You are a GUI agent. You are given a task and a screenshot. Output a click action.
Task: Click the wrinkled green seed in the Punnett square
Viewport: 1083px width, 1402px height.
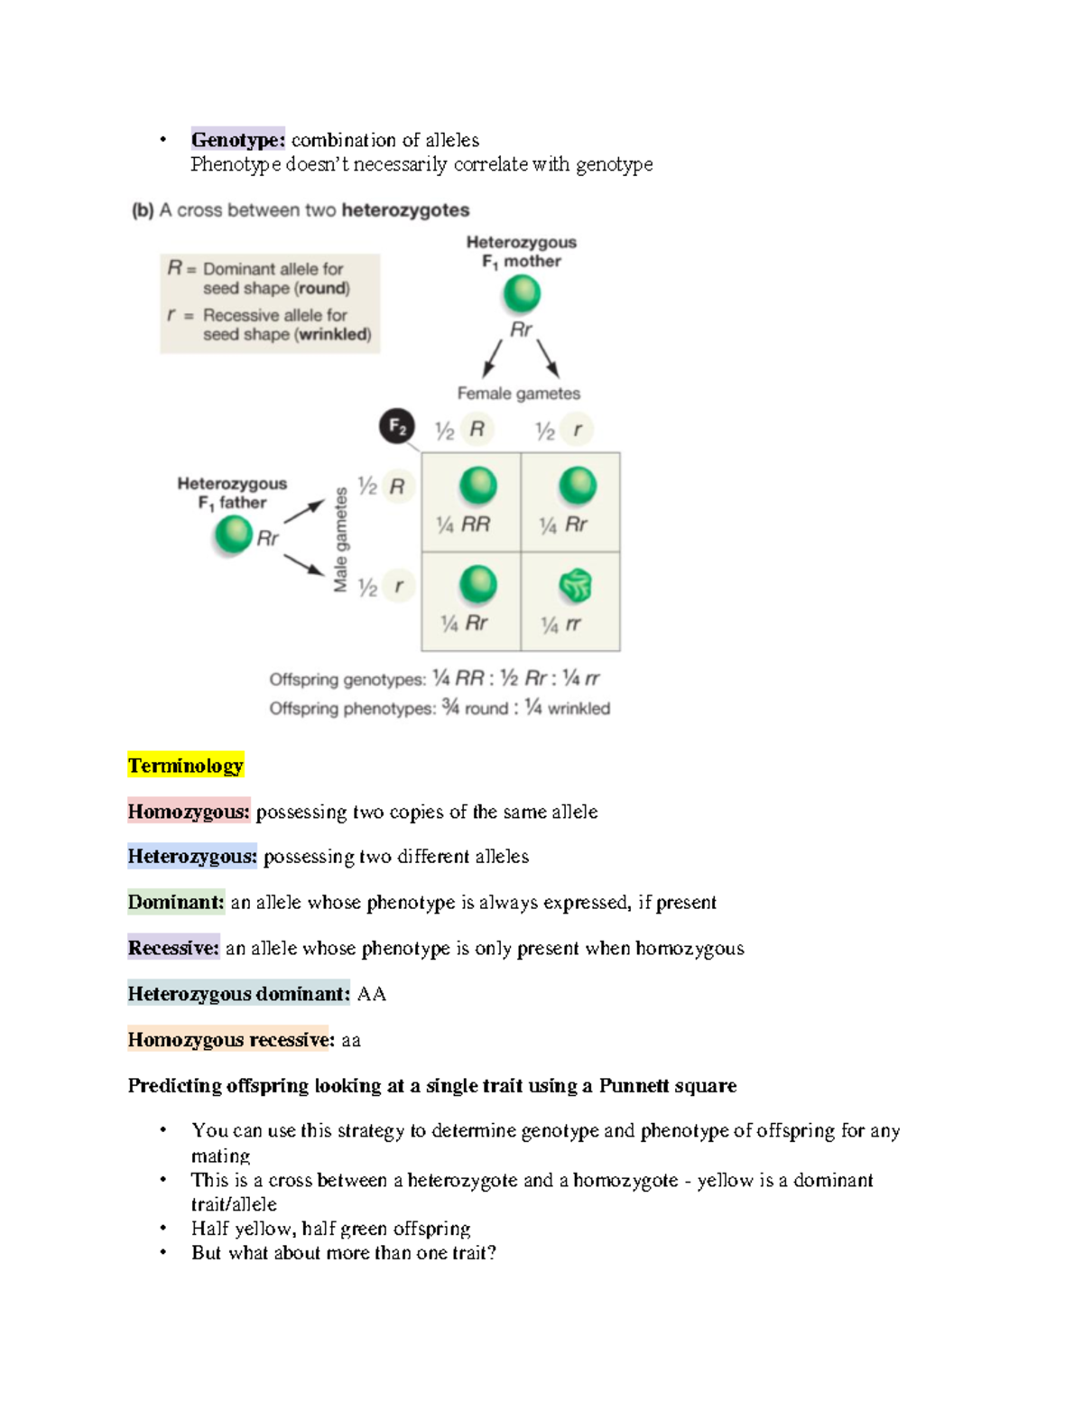(x=576, y=586)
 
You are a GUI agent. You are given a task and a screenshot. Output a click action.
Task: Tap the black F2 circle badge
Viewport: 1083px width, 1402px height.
(x=397, y=426)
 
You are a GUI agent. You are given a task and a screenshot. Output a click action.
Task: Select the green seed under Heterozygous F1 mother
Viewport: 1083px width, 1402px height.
(x=522, y=293)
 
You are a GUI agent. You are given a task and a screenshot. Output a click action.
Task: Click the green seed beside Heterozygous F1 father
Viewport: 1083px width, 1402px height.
(x=234, y=534)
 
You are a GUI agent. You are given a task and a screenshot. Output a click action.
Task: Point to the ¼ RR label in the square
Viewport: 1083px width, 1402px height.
(x=463, y=525)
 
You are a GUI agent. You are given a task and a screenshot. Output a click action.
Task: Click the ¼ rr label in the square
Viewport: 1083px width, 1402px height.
(x=560, y=624)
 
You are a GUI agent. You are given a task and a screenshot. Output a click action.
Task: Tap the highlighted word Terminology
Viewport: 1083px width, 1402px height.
(x=185, y=766)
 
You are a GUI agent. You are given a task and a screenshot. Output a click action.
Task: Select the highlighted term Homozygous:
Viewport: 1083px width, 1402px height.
(x=189, y=812)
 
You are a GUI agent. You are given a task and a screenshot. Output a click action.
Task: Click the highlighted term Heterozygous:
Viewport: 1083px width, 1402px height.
(x=192, y=856)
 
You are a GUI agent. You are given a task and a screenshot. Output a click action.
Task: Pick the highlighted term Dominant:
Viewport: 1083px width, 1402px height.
(x=176, y=902)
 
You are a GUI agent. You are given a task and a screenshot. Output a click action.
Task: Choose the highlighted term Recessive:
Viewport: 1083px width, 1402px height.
(x=173, y=948)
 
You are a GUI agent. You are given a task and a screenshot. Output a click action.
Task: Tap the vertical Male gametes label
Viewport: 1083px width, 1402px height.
(x=340, y=540)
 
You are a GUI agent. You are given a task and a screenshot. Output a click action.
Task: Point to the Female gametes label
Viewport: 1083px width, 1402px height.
(x=518, y=394)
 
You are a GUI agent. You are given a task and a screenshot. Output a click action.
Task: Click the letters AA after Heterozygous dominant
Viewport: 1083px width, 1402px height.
(x=372, y=994)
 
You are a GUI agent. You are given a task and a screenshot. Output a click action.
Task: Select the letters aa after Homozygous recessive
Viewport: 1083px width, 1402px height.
(x=351, y=1040)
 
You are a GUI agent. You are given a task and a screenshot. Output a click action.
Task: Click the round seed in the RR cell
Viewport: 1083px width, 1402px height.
(x=477, y=486)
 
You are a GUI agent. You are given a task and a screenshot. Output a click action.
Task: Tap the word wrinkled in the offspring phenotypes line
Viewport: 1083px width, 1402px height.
(x=579, y=709)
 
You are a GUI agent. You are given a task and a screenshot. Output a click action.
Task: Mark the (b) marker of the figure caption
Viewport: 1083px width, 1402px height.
(x=143, y=210)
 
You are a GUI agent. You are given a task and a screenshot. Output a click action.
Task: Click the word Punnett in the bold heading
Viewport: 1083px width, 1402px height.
(x=635, y=1085)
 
